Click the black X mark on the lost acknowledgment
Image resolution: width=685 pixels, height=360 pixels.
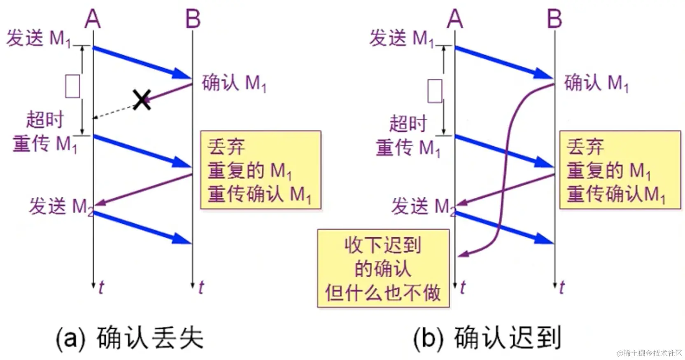pos(142,100)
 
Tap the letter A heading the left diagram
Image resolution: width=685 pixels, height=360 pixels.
pos(93,19)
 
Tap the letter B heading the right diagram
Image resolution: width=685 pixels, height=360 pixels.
pos(555,19)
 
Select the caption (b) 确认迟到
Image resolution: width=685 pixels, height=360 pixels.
pos(487,339)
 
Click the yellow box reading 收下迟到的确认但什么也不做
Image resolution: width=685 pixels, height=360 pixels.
pos(383,269)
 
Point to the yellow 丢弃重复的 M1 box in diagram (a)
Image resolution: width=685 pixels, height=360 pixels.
pos(261,170)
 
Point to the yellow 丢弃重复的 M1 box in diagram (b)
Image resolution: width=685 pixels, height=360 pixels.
pos(619,170)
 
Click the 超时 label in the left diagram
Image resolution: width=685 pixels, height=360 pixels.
pos(45,119)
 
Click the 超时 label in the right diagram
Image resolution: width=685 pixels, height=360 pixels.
pos(408,123)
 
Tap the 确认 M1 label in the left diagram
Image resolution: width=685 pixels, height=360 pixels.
pos(234,83)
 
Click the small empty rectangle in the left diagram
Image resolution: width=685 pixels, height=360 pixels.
pos(73,86)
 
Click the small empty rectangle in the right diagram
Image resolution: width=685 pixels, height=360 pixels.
pos(435,91)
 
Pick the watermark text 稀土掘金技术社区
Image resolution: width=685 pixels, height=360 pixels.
pos(649,353)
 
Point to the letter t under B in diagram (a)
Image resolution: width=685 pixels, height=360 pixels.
pos(201,287)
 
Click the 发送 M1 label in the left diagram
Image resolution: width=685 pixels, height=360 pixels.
pos(38,39)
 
